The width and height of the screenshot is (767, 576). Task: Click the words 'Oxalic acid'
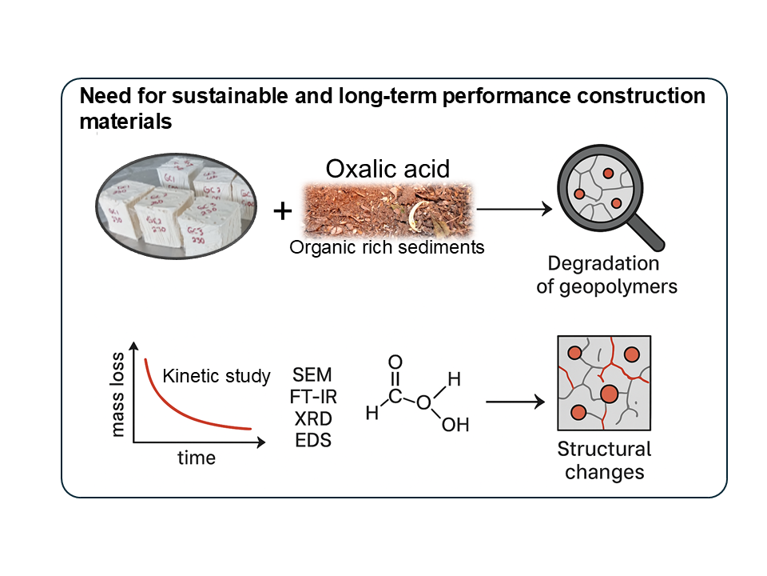[x=387, y=169]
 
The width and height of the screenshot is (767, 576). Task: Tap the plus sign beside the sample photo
[x=283, y=211]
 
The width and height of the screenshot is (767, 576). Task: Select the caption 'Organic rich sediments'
[x=387, y=247]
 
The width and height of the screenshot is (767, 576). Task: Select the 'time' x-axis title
[x=197, y=458]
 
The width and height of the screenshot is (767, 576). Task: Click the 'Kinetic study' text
[x=217, y=376]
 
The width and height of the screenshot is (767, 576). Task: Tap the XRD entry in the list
[x=312, y=418]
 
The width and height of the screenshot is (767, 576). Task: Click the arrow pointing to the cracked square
[x=515, y=401]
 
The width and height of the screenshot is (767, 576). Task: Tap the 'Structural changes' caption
[x=604, y=460]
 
